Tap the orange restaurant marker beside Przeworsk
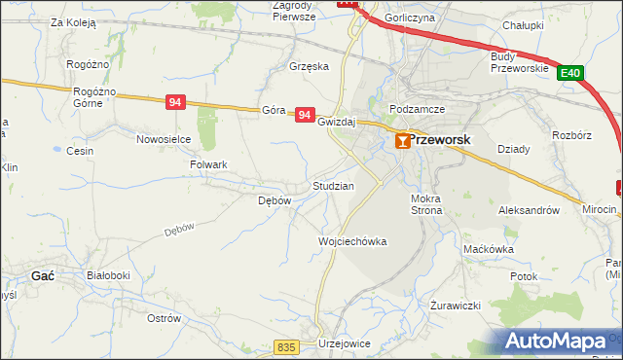tap(402, 142)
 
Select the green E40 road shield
tap(571, 73)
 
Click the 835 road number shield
tap(285, 347)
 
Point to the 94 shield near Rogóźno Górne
tap(175, 102)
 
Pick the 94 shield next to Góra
tap(306, 115)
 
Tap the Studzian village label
tap(333, 185)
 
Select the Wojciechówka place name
tap(353, 241)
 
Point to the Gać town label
tap(43, 275)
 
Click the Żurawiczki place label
tap(457, 305)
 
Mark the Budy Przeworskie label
tap(515, 61)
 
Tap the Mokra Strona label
tap(426, 203)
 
